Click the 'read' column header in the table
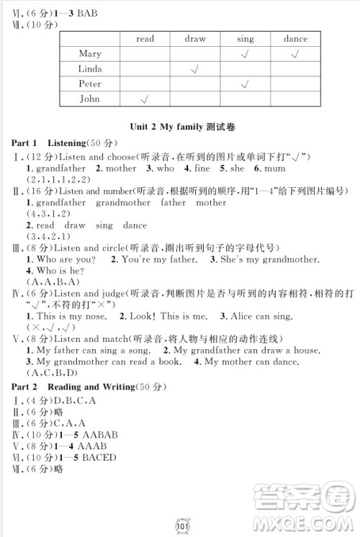145,39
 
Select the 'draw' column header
194,39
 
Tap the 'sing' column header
245,39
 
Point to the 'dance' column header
295,39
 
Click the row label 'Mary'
90,54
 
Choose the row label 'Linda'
90,69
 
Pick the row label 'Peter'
90,84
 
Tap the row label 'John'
90,99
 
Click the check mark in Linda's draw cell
194,69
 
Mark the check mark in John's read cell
145,99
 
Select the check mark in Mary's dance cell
295,54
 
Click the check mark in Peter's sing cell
245,84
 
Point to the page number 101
181,524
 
